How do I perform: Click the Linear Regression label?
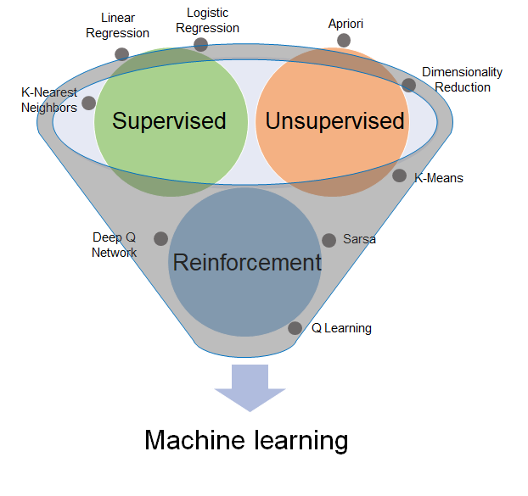coord(117,25)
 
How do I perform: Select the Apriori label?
coord(345,23)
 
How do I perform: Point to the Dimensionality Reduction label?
coord(463,80)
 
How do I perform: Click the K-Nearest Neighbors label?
coord(49,100)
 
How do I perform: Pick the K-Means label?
coord(438,178)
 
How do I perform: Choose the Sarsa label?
coord(359,239)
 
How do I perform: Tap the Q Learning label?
coord(341,328)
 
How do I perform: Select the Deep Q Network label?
coord(115,245)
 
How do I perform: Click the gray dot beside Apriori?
coord(344,41)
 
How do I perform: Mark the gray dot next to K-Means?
coord(400,176)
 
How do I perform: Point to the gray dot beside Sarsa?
coord(329,240)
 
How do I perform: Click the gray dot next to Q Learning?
coord(295,328)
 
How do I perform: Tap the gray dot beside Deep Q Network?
coord(160,238)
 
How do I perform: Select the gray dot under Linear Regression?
coord(122,54)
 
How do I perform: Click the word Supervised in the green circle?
coord(169,121)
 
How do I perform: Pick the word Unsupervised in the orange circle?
coord(334,121)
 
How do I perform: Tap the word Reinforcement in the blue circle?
coord(247,262)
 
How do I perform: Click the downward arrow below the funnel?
coord(250,387)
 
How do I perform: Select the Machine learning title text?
coord(246,441)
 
